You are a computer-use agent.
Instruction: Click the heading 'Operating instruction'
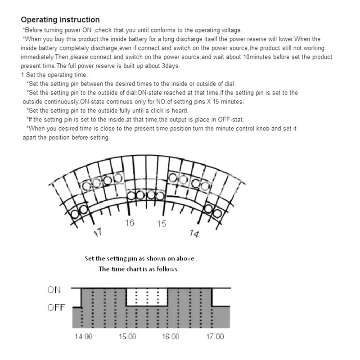pyautogui.click(x=60, y=20)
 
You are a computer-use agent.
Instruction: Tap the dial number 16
pyautogui.click(x=130, y=223)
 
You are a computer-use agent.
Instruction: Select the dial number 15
pyautogui.click(x=162, y=224)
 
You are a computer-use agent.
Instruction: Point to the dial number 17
pyautogui.click(x=98, y=233)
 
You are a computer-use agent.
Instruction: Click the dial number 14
pyautogui.click(x=194, y=234)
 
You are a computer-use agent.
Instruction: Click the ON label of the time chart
pyautogui.click(x=54, y=290)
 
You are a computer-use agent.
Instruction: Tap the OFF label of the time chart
pyautogui.click(x=56, y=308)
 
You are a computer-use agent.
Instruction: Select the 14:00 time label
pyautogui.click(x=84, y=337)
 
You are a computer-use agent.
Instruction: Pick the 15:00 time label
pyautogui.click(x=127, y=337)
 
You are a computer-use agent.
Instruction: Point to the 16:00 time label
pyautogui.click(x=171, y=337)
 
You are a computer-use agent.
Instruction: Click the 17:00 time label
pyautogui.click(x=215, y=337)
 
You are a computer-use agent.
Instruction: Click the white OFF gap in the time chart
pyautogui.click(x=147, y=297)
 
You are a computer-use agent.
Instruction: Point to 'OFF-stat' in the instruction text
pyautogui.click(x=230, y=120)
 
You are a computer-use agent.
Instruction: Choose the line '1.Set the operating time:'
pyautogui.click(x=54, y=75)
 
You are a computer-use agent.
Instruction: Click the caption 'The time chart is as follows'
pyautogui.click(x=138, y=269)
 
